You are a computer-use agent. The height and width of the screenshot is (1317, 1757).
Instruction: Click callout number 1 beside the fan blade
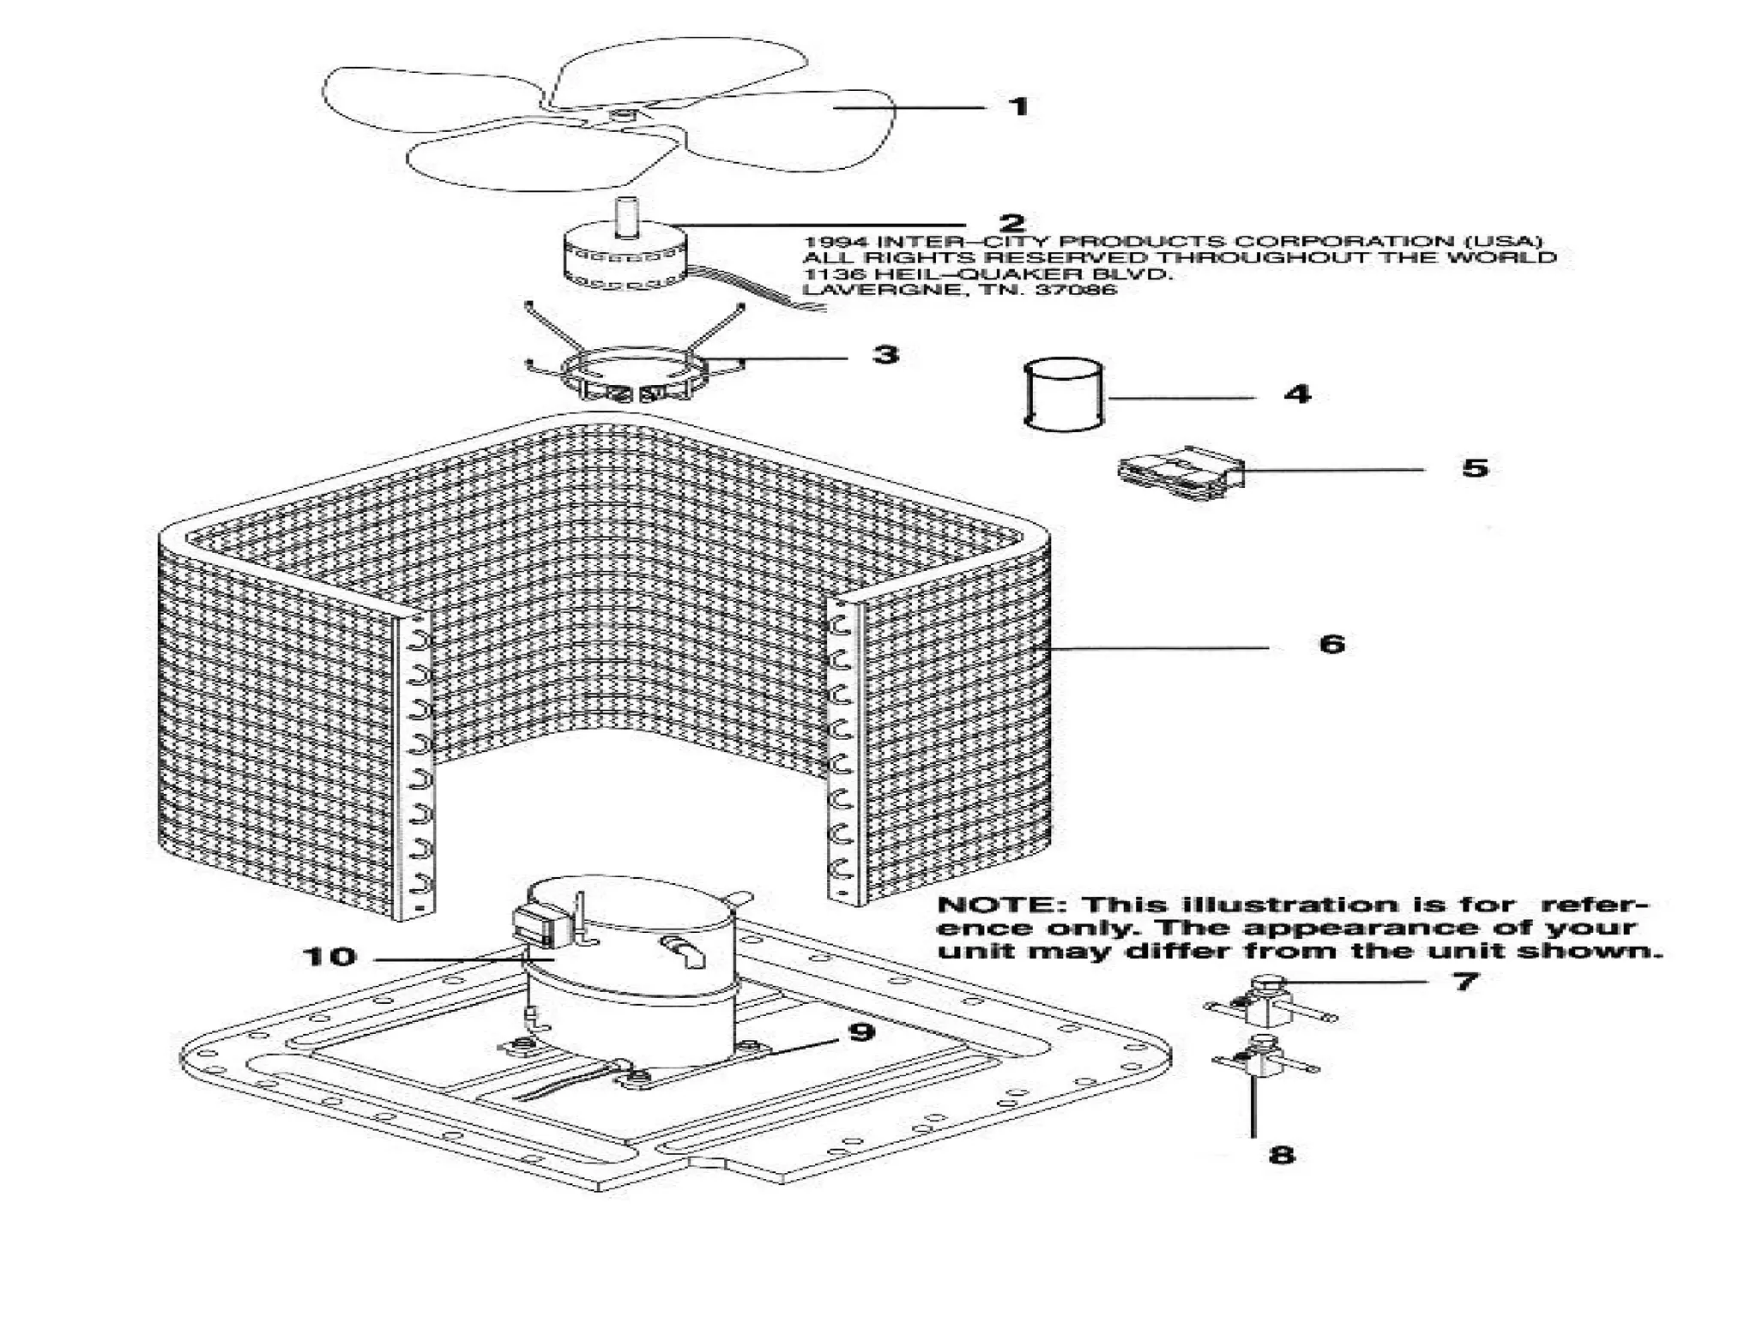(x=1018, y=107)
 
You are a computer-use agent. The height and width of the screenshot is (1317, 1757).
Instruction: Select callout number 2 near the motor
(x=1012, y=223)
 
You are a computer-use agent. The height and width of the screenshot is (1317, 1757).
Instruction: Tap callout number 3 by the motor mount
(x=886, y=354)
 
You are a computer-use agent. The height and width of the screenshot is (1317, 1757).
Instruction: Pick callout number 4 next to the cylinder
(x=1297, y=394)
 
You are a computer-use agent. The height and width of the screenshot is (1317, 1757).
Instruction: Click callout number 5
(x=1475, y=468)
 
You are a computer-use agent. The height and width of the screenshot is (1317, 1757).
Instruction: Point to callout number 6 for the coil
(x=1331, y=644)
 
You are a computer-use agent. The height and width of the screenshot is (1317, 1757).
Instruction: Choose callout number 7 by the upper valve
(x=1465, y=980)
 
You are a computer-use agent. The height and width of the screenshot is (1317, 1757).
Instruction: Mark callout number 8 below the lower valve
(x=1281, y=1155)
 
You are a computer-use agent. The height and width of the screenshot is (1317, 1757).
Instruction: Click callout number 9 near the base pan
(x=861, y=1031)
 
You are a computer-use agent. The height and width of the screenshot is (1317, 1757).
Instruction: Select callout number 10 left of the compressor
(x=329, y=957)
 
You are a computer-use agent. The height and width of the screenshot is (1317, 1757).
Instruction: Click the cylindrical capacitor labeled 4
(x=1064, y=394)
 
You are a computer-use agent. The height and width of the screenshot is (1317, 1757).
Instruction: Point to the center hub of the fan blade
(x=619, y=114)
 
